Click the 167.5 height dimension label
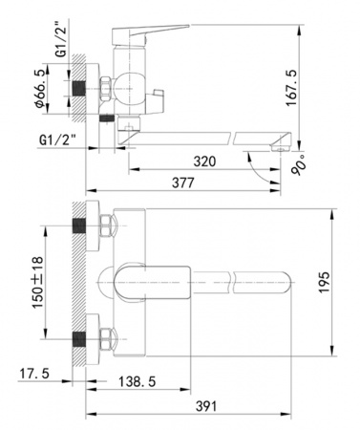tap(291, 87)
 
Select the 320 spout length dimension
tap(204, 161)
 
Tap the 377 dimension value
tap(183, 183)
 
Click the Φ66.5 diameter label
tap(41, 88)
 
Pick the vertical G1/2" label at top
tap(61, 38)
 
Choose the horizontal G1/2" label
tap(57, 140)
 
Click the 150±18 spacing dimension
tap(37, 282)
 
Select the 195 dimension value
tap(325, 282)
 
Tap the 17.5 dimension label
tap(34, 374)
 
